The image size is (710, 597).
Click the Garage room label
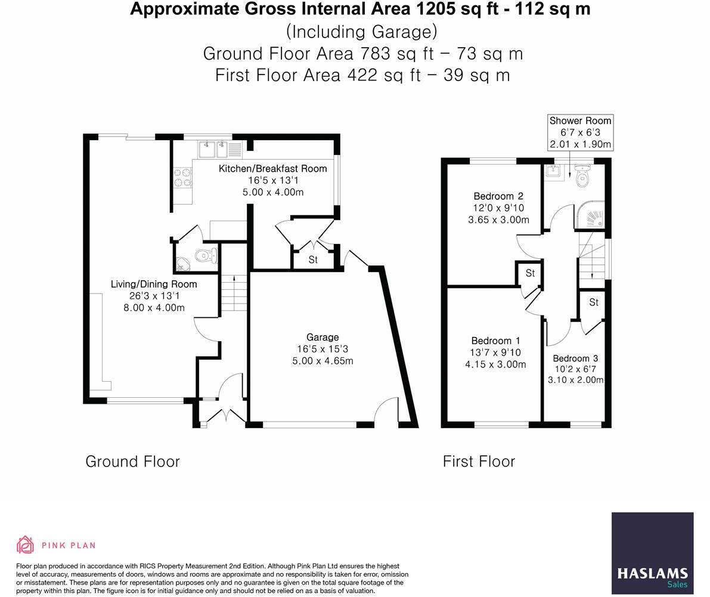point(323,337)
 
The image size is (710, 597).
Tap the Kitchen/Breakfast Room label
point(272,169)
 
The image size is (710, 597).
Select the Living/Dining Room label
point(154,284)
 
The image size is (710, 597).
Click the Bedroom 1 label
point(495,341)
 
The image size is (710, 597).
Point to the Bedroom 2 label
point(498,196)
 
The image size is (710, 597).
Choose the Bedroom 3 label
point(575,358)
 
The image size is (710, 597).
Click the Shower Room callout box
point(581,132)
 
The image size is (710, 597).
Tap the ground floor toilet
point(206,256)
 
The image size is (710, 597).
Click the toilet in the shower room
point(582,176)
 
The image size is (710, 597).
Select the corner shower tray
point(590,215)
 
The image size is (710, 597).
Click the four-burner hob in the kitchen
point(183,177)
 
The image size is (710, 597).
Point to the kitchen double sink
point(213,149)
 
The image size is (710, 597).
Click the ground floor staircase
point(234,293)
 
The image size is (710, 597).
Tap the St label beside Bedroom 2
point(530,273)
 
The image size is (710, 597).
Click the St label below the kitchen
point(313,259)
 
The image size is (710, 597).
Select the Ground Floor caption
point(133,462)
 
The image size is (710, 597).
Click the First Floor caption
point(479,462)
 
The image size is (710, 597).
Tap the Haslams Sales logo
point(653,553)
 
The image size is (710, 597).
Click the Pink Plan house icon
point(26,545)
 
